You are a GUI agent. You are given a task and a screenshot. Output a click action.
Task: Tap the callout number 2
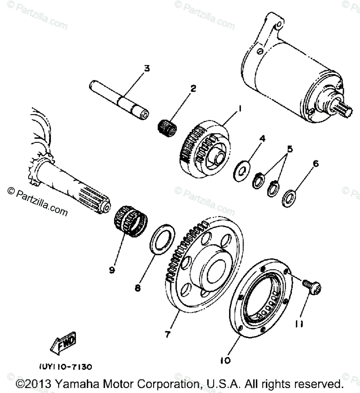click(193, 88)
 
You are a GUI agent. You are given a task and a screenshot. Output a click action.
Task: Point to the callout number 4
click(263, 138)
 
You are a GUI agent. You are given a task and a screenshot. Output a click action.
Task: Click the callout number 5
click(290, 148)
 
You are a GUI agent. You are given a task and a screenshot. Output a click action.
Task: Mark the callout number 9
click(112, 269)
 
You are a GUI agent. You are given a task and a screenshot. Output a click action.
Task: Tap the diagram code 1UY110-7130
click(66, 367)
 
